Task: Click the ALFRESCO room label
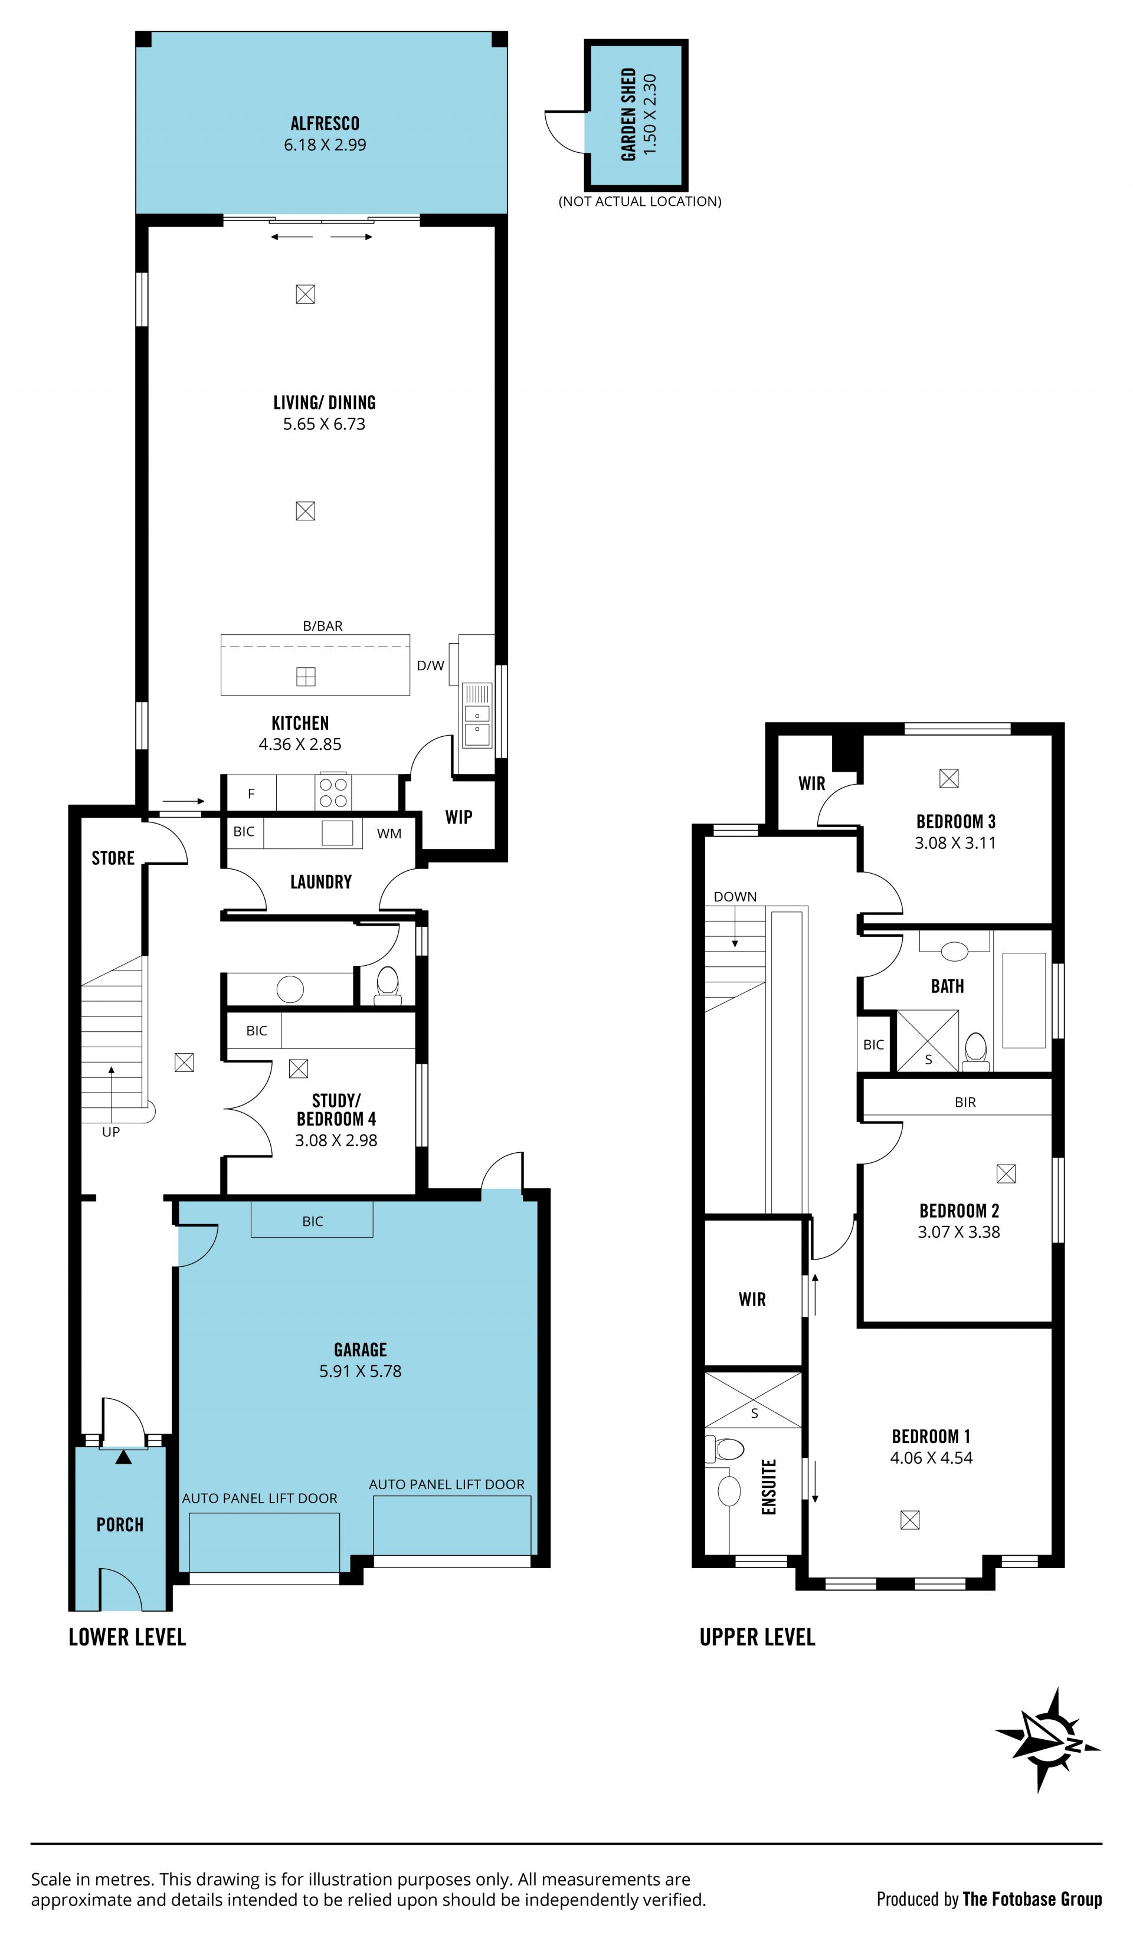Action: click(325, 123)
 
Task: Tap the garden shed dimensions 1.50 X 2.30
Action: click(650, 115)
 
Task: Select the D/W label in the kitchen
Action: click(431, 665)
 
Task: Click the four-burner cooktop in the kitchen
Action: click(333, 792)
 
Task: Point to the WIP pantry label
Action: click(459, 817)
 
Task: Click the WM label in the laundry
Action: click(389, 834)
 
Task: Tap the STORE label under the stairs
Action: click(113, 858)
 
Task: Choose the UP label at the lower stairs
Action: click(111, 1132)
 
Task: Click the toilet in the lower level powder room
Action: click(388, 986)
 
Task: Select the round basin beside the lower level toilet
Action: click(290, 989)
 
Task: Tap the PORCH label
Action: click(120, 1524)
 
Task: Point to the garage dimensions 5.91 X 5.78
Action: click(361, 1371)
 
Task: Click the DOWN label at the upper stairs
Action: click(735, 897)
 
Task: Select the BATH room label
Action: click(947, 986)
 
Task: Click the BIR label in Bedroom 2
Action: click(965, 1102)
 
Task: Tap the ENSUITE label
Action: click(769, 1487)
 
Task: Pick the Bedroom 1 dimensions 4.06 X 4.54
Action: click(931, 1458)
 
